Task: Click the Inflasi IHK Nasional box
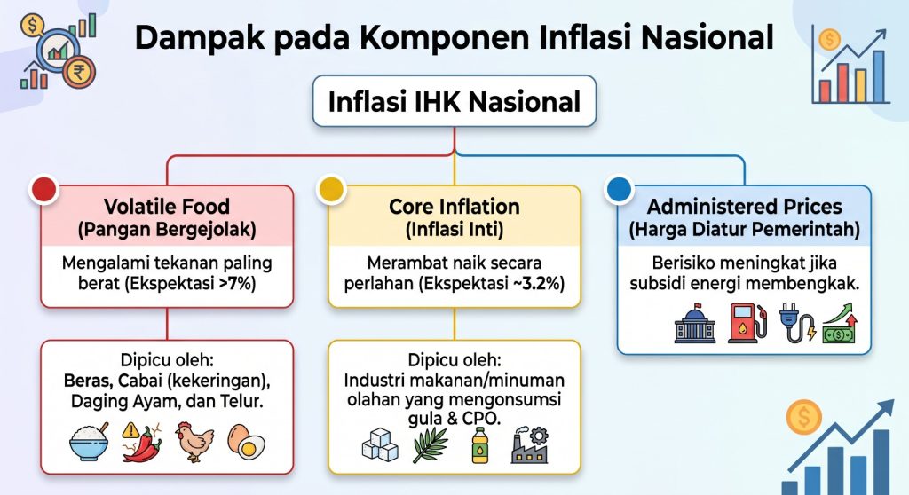point(454,101)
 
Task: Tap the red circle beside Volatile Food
point(44,189)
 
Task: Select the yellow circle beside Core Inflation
point(332,189)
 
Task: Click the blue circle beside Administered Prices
point(619,189)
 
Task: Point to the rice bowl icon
point(89,442)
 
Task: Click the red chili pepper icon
point(141,443)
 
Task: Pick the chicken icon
point(194,442)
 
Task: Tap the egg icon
point(247,443)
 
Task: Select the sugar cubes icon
point(380,444)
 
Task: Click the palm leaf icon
point(430,444)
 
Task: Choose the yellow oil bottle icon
point(479,445)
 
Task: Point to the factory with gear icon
point(530,444)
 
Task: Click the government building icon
point(695,323)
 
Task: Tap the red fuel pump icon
point(747,323)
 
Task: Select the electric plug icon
point(797,323)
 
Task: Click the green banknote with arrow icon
point(840,323)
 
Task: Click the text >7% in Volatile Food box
point(238,284)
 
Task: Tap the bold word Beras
point(88,381)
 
